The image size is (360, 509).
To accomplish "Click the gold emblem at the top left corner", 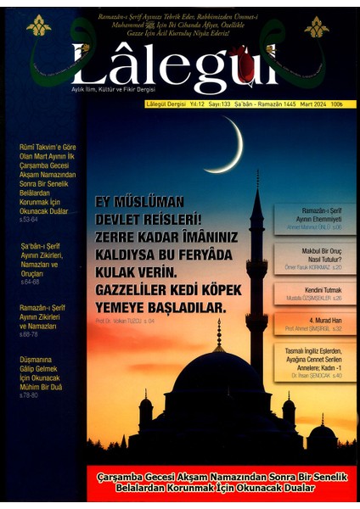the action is [x=39, y=26].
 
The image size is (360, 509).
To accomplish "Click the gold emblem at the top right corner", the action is [x=317, y=26].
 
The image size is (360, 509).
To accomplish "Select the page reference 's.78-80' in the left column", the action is [x=28, y=395].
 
